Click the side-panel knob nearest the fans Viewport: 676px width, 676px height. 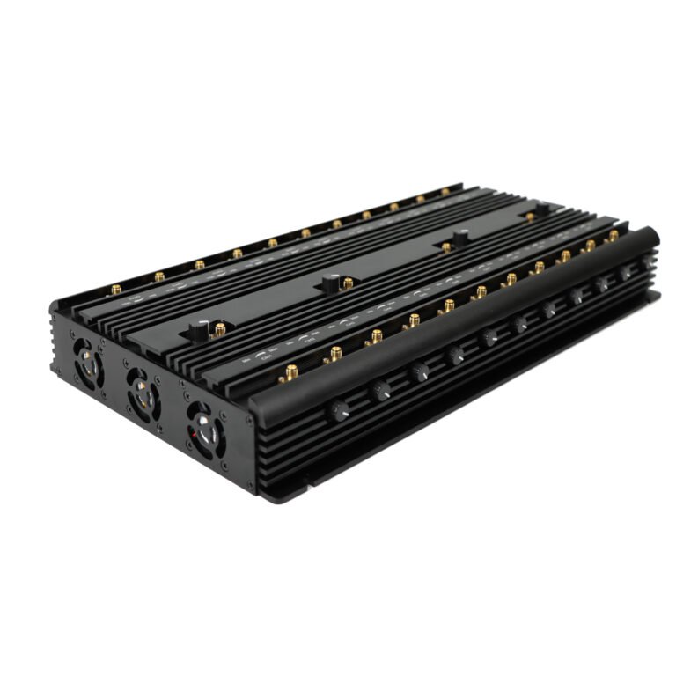tap(338, 410)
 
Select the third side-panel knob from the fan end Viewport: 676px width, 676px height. tap(419, 371)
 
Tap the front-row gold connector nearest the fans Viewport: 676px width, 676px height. tap(289, 372)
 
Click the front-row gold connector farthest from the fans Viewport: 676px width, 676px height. tap(613, 235)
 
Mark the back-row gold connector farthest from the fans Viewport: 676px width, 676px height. tap(445, 191)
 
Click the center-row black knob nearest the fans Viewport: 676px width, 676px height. tap(202, 329)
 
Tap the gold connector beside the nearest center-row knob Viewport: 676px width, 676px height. tap(220, 328)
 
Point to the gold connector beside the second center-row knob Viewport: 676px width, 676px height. tap(348, 283)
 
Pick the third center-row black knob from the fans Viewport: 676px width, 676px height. tap(459, 236)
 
